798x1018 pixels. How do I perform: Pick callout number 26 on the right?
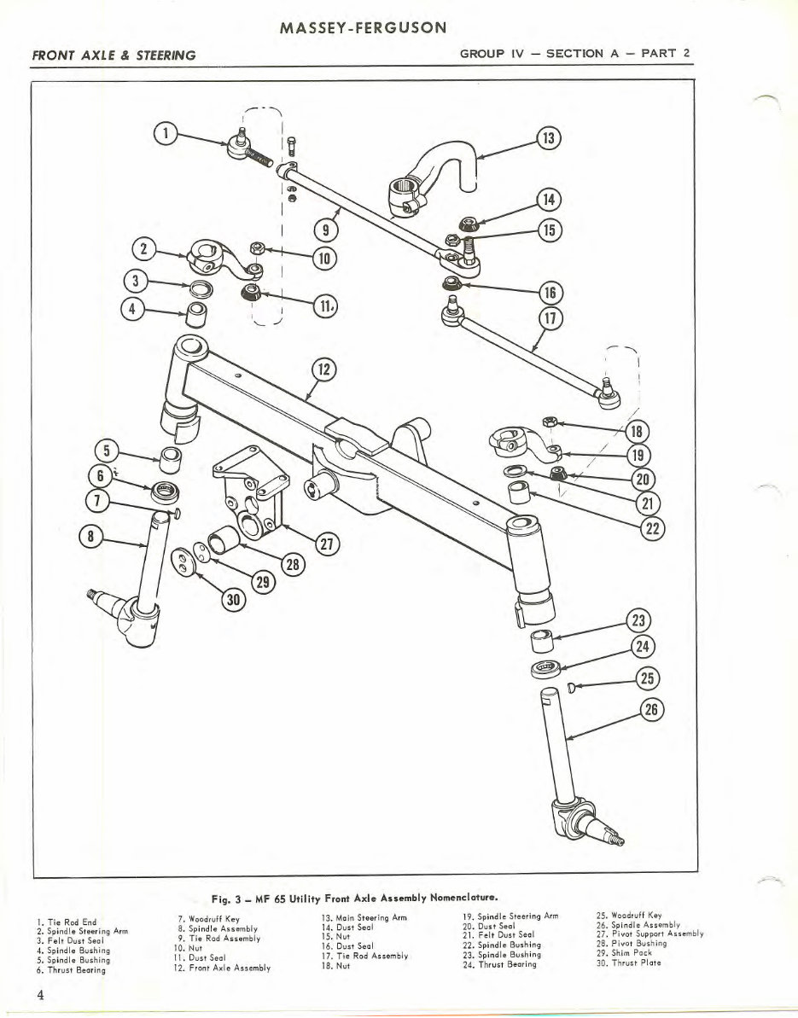[650, 709]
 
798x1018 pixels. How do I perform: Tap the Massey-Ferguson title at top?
[363, 28]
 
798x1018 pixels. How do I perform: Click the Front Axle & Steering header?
[114, 55]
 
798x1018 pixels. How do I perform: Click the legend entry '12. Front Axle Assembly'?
[222, 968]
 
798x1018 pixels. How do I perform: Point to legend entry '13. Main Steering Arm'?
[358, 916]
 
